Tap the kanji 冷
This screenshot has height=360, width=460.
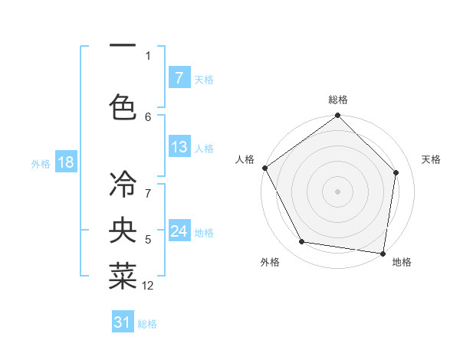click(x=123, y=184)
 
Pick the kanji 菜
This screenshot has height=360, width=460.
click(x=123, y=277)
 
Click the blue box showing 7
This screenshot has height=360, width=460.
click(x=179, y=78)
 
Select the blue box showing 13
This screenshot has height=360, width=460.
click(x=179, y=148)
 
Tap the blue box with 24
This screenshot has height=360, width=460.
click(x=179, y=232)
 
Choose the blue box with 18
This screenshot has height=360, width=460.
click(x=65, y=162)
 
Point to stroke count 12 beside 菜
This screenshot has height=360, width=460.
click(x=148, y=286)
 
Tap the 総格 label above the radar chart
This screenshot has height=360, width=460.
click(x=338, y=100)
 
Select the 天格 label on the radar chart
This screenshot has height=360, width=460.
click(x=431, y=159)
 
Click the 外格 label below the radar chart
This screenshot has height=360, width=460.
click(x=270, y=262)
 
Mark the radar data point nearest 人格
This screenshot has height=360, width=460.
click(x=264, y=168)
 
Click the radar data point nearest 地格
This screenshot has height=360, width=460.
click(x=383, y=253)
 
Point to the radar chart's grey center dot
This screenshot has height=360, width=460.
click(x=338, y=191)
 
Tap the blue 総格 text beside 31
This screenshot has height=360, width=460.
click(x=147, y=324)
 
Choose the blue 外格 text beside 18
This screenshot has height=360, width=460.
click(x=40, y=163)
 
